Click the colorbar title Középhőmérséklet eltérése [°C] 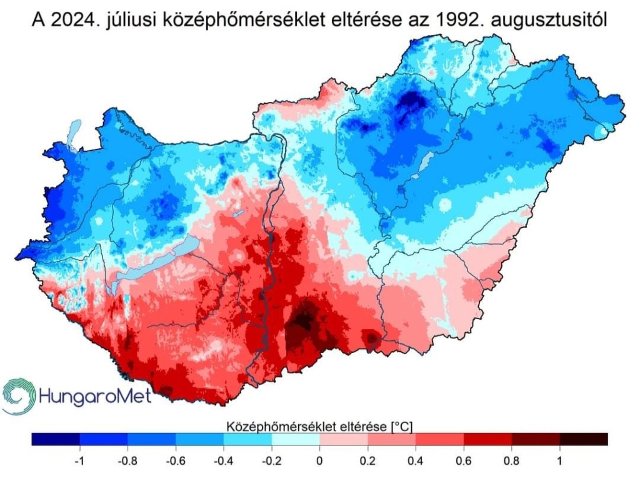click(319, 426)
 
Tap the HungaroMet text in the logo click(94, 397)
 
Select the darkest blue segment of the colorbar click(55, 439)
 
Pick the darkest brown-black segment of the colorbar click(584, 439)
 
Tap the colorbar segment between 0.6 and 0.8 click(487, 439)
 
